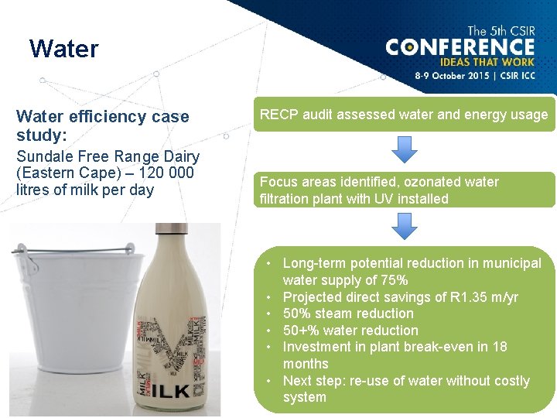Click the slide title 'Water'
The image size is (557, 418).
(x=64, y=50)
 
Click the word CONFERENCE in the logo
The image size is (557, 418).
(x=460, y=48)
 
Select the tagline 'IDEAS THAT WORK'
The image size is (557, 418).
(x=487, y=63)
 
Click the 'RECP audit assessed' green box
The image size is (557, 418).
(x=404, y=115)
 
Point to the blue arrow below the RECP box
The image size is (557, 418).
(x=404, y=151)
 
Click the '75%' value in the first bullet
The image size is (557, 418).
(x=394, y=280)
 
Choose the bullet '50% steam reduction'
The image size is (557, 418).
(x=348, y=313)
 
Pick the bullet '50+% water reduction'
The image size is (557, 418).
(x=350, y=331)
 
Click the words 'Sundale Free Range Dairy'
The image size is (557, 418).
(x=108, y=156)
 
